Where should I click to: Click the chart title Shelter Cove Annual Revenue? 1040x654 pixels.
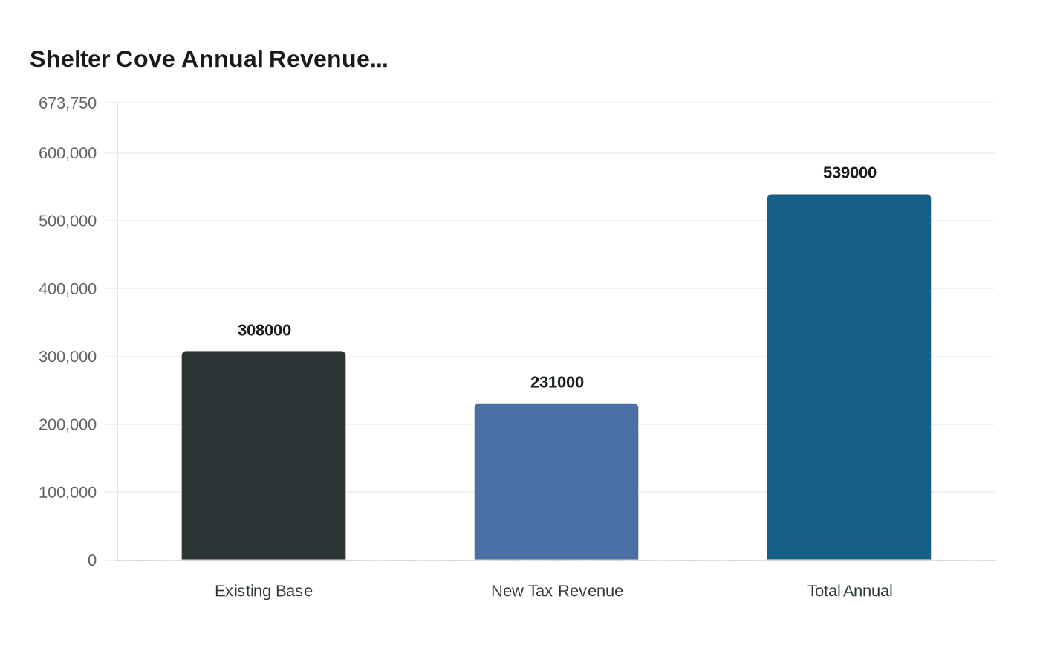209,59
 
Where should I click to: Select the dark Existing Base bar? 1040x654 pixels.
264,456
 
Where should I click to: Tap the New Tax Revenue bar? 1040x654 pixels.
556,482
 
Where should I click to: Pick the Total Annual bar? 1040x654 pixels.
849,377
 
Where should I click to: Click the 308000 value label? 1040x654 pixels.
264,330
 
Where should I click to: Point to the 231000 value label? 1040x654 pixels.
557,382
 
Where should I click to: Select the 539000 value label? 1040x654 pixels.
850,172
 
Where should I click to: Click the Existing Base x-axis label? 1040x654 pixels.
264,591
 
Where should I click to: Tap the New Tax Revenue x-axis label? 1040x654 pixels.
557,591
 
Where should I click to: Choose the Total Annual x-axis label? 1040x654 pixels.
850,591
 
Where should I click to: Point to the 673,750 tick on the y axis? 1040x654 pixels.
68,103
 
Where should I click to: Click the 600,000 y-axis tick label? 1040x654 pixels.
68,153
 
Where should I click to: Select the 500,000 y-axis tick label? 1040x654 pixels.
68,221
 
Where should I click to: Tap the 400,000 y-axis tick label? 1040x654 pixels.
68,288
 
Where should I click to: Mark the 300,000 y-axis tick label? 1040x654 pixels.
68,357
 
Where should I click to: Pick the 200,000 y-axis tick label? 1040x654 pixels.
68,424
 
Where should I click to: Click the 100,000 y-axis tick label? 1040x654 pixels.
68,492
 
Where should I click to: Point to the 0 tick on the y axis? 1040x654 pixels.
92,560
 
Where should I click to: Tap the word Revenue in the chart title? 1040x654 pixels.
328,59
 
